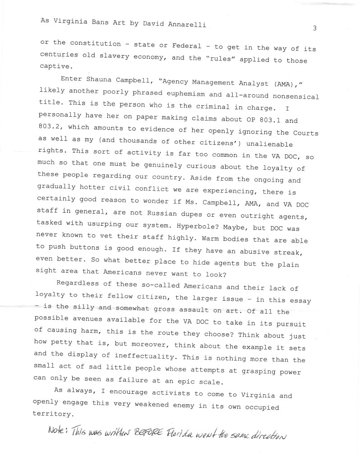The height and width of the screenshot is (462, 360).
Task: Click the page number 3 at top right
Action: coord(314,28)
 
